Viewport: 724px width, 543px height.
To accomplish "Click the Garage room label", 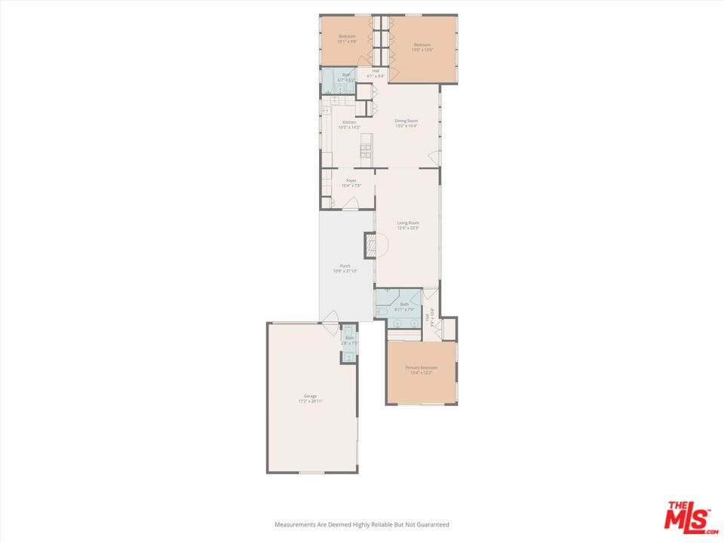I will (310, 395).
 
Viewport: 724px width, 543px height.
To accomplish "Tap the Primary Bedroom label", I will (422, 367).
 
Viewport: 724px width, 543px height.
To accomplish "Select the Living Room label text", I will (408, 222).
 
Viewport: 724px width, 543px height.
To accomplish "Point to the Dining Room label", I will (406, 121).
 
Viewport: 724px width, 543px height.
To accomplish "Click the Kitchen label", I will (349, 122).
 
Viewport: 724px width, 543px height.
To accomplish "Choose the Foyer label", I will (351, 180).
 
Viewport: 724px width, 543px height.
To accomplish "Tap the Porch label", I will (345, 265).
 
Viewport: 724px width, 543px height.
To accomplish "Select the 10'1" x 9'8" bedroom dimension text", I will (347, 41).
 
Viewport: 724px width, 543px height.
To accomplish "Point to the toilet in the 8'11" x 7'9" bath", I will (382, 310).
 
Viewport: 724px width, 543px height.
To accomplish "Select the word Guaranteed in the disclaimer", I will (432, 524).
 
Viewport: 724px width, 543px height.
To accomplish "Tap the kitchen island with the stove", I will (367, 148).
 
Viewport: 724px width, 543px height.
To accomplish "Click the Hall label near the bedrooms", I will (376, 71).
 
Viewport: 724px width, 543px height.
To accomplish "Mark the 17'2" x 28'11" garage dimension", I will (310, 401).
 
